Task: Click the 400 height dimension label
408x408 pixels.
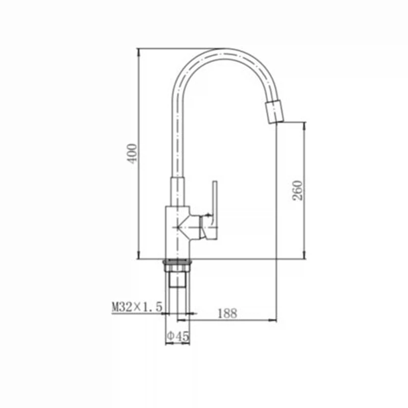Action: [x=132, y=154]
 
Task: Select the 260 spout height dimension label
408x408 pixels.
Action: [x=298, y=190]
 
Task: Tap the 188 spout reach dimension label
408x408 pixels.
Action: [x=227, y=313]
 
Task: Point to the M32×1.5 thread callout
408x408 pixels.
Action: [x=137, y=307]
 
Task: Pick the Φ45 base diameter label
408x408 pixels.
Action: [x=177, y=337]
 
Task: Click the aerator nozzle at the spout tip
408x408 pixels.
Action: [x=274, y=112]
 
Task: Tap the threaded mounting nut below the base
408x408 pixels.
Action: [x=177, y=265]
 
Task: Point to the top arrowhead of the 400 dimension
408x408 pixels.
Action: [x=139, y=52]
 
